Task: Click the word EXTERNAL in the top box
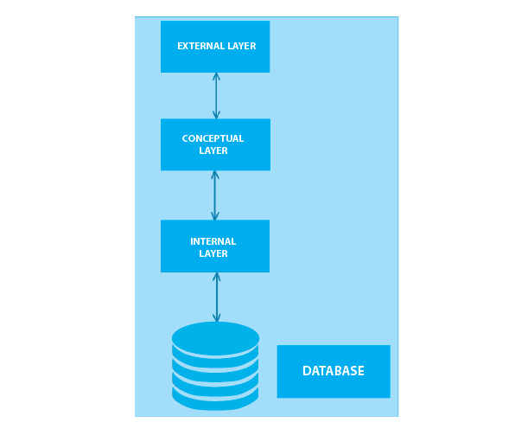coord(199,47)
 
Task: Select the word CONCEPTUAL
coord(213,138)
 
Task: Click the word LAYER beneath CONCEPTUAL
coord(213,150)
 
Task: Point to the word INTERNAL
coord(213,241)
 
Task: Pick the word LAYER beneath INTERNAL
coord(213,253)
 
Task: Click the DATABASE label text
coord(334,371)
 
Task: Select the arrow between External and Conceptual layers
coord(216,95)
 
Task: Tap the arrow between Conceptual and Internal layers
coord(215,195)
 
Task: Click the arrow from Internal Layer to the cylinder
coord(217,297)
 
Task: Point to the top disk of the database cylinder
coord(215,337)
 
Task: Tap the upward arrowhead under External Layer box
coord(216,76)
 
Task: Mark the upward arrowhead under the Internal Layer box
coord(217,277)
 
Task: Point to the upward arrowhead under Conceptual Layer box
coord(215,175)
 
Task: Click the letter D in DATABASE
coord(307,371)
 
